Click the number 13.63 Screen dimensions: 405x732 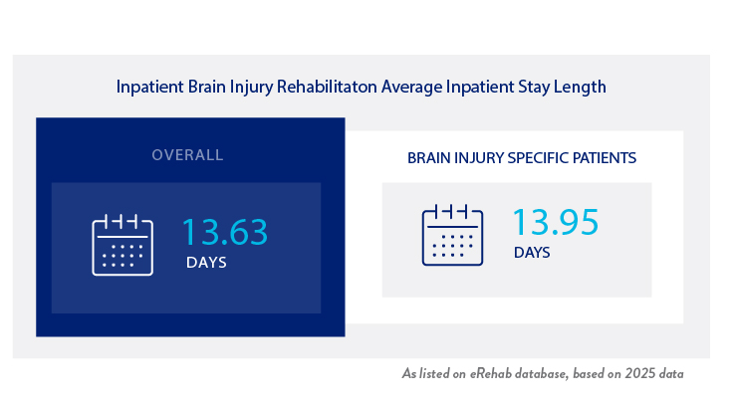224,232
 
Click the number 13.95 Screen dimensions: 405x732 555,222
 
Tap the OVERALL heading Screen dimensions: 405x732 187,155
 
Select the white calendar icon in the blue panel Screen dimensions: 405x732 122,244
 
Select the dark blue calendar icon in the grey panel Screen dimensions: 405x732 452,235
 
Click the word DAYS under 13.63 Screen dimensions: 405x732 206,264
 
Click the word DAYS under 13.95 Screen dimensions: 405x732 532,253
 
